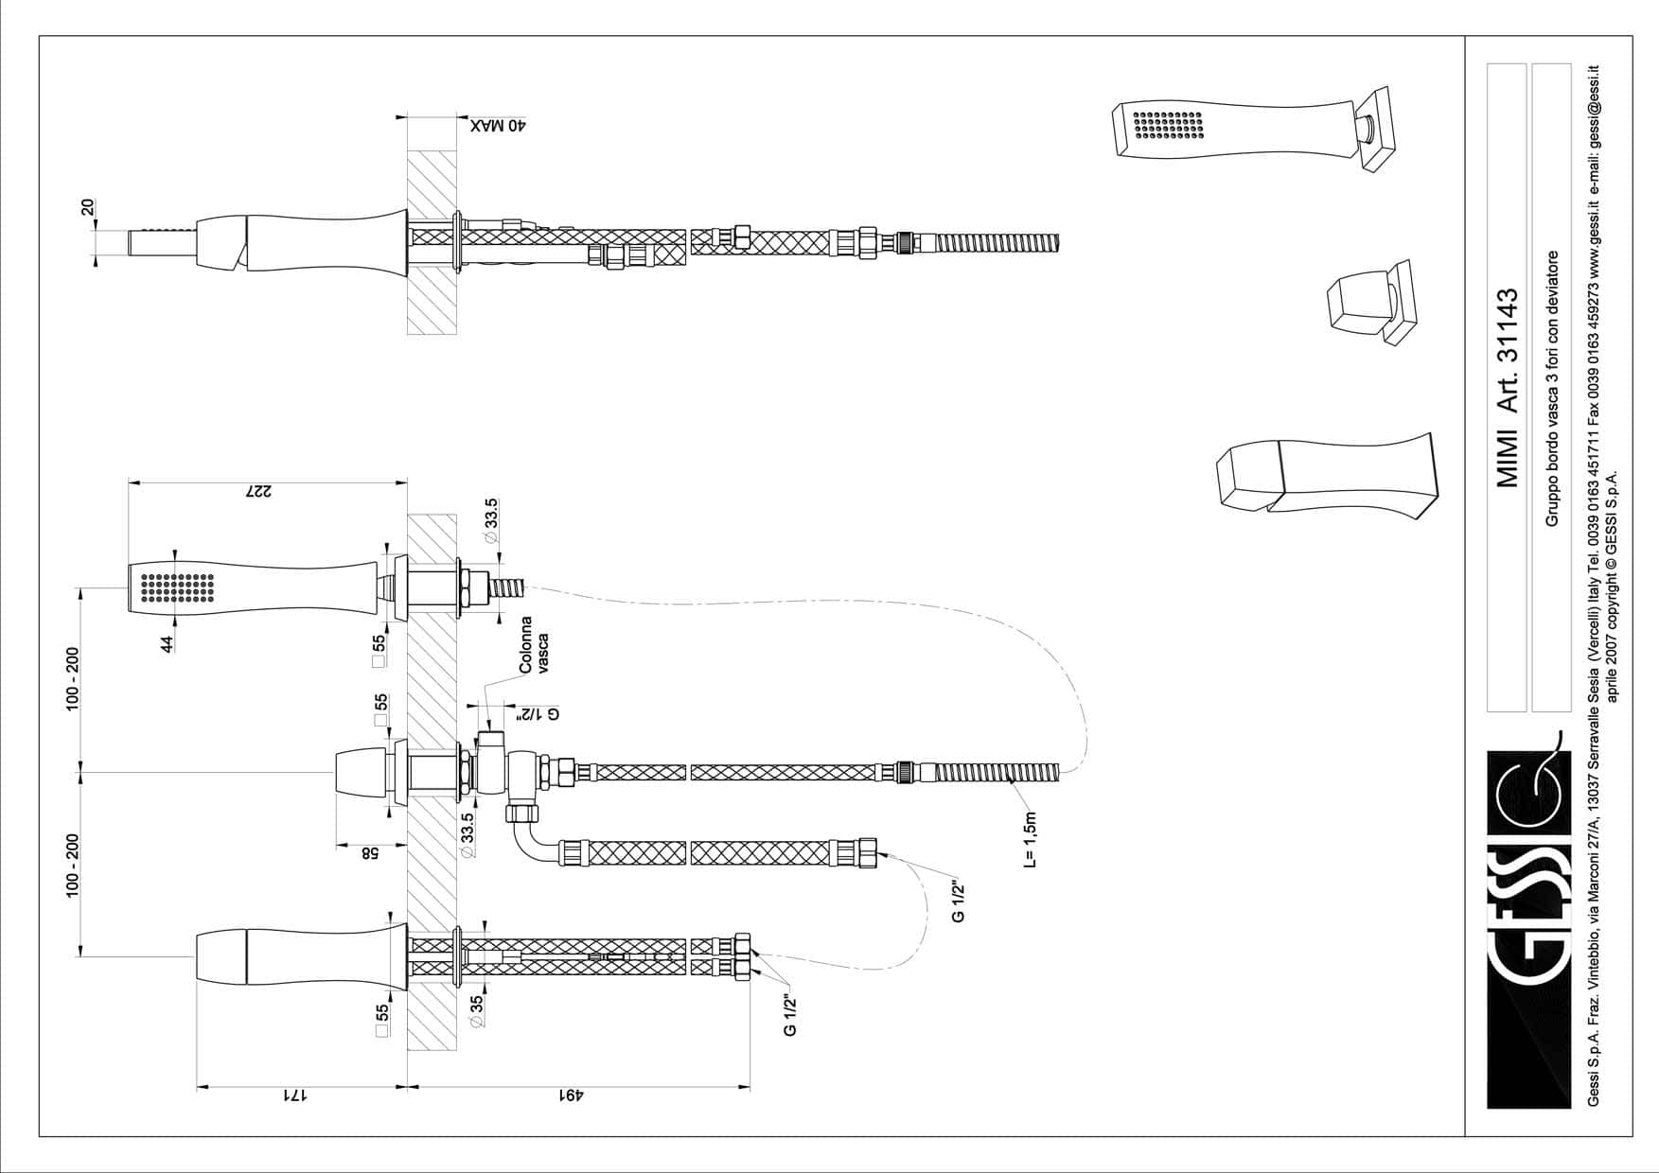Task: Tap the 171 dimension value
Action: (x=295, y=1096)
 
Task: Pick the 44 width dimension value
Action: (x=167, y=643)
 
